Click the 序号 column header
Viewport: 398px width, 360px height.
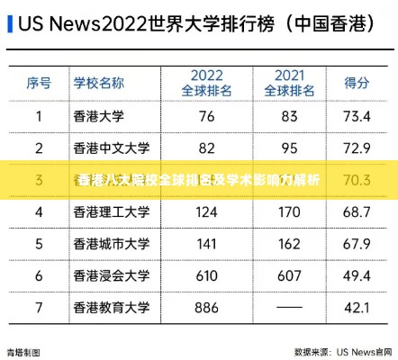pyautogui.click(x=39, y=83)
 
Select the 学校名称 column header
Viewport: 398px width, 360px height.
pyautogui.click(x=99, y=83)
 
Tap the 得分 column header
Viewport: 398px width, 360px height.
pyautogui.click(x=358, y=83)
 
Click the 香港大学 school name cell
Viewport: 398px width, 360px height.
pyautogui.click(x=99, y=116)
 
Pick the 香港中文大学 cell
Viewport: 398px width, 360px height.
pyautogui.click(x=111, y=148)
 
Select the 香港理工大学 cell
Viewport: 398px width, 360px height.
pyautogui.click(x=111, y=212)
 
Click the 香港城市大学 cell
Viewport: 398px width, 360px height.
pyautogui.click(x=111, y=244)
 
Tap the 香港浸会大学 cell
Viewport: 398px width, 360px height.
pyautogui.click(x=111, y=275)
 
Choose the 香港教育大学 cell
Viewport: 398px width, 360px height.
pyautogui.click(x=111, y=308)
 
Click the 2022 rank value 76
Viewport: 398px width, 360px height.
pyautogui.click(x=206, y=116)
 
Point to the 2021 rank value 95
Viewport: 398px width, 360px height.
pyautogui.click(x=289, y=148)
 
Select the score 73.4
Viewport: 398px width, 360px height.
pyautogui.click(x=357, y=116)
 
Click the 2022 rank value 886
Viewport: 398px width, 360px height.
pyautogui.click(x=206, y=308)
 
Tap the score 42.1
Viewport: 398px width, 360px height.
pyautogui.click(x=357, y=308)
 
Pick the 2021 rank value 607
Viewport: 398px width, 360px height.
pyautogui.click(x=289, y=275)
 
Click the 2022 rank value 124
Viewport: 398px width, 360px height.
pyautogui.click(x=206, y=212)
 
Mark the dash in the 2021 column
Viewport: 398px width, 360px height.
pyautogui.click(x=289, y=308)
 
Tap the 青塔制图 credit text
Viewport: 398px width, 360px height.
pyautogui.click(x=23, y=352)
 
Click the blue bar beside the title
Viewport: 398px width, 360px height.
pyautogui.click(x=9, y=22)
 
